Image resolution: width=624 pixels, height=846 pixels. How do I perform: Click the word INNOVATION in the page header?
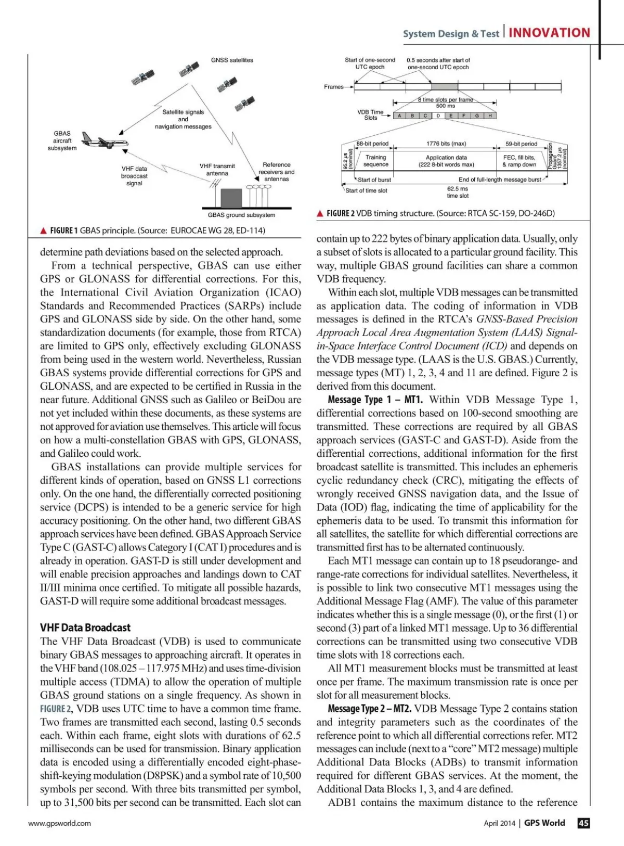(x=549, y=33)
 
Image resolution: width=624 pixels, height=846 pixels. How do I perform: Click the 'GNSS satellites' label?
(x=232, y=60)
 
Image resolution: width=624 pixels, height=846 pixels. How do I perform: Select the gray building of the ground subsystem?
(x=231, y=198)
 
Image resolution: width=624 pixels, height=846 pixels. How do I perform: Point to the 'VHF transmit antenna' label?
(x=217, y=170)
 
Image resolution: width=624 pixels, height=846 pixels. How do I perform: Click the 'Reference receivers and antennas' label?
(x=276, y=172)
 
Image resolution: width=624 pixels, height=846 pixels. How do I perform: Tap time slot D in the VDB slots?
(x=438, y=116)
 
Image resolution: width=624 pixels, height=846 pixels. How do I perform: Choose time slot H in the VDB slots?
(x=490, y=116)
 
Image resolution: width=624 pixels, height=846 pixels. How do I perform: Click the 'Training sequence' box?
(x=375, y=161)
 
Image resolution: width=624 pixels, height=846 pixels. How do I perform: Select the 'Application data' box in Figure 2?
(x=446, y=161)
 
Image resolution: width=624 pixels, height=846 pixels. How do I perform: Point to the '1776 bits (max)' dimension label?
(x=446, y=144)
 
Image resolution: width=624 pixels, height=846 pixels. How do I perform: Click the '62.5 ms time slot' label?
(x=457, y=192)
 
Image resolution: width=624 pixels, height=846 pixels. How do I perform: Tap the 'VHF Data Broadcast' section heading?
(x=85, y=627)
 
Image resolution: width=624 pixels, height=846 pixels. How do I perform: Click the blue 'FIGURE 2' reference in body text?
(x=56, y=709)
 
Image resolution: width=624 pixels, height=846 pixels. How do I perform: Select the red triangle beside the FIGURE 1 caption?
(x=44, y=230)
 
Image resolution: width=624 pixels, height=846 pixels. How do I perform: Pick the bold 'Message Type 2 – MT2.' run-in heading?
(x=369, y=709)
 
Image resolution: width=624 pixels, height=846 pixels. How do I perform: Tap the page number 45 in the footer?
(x=583, y=823)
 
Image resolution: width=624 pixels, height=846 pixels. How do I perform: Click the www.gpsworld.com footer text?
(x=59, y=823)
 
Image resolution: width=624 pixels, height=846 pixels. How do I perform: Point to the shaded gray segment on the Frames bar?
(x=445, y=87)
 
